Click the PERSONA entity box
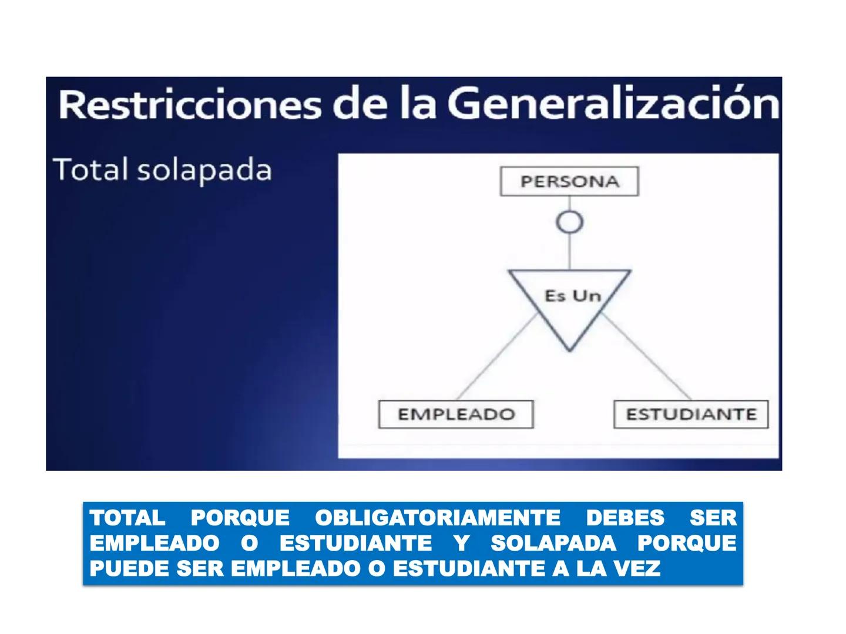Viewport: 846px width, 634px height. pyautogui.click(x=569, y=181)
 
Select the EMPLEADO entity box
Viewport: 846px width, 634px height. pyautogui.click(x=456, y=414)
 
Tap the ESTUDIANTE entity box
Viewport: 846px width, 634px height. pyautogui.click(x=691, y=414)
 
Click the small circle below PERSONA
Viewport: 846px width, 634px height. pyautogui.click(x=569, y=222)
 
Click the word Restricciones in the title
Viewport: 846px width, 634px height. pyautogui.click(x=190, y=106)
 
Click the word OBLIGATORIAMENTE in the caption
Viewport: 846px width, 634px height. pyautogui.click(x=438, y=518)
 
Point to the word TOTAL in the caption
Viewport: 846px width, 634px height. pyautogui.click(x=127, y=518)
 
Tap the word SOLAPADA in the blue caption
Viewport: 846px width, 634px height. pyautogui.click(x=553, y=543)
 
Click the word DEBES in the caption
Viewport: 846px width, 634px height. pyautogui.click(x=625, y=518)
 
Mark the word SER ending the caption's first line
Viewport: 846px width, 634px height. pyautogui.click(x=713, y=518)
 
